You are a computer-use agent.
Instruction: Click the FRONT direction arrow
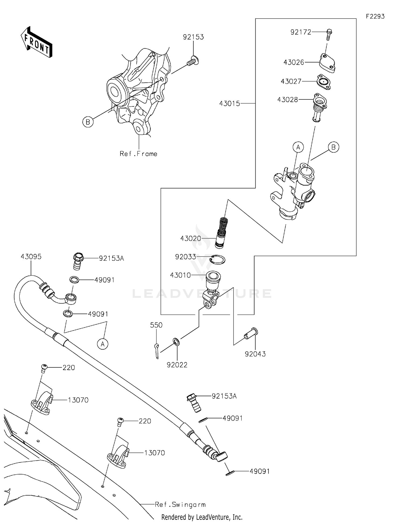(36, 43)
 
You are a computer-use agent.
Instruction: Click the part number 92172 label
(301, 32)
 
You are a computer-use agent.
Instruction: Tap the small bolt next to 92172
(329, 34)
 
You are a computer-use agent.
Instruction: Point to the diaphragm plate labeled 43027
(324, 82)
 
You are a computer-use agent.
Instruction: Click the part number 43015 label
(229, 103)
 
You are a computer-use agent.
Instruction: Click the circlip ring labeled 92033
(217, 259)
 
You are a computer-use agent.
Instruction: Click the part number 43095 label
(31, 257)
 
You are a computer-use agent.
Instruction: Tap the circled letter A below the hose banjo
(103, 344)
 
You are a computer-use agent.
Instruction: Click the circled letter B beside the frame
(88, 122)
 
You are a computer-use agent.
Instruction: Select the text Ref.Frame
(138, 154)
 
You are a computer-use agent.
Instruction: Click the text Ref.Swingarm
(180, 504)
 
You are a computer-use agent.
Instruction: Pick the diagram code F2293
(375, 16)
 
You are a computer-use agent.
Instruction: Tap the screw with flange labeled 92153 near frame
(192, 61)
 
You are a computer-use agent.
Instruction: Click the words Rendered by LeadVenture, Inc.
(202, 517)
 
